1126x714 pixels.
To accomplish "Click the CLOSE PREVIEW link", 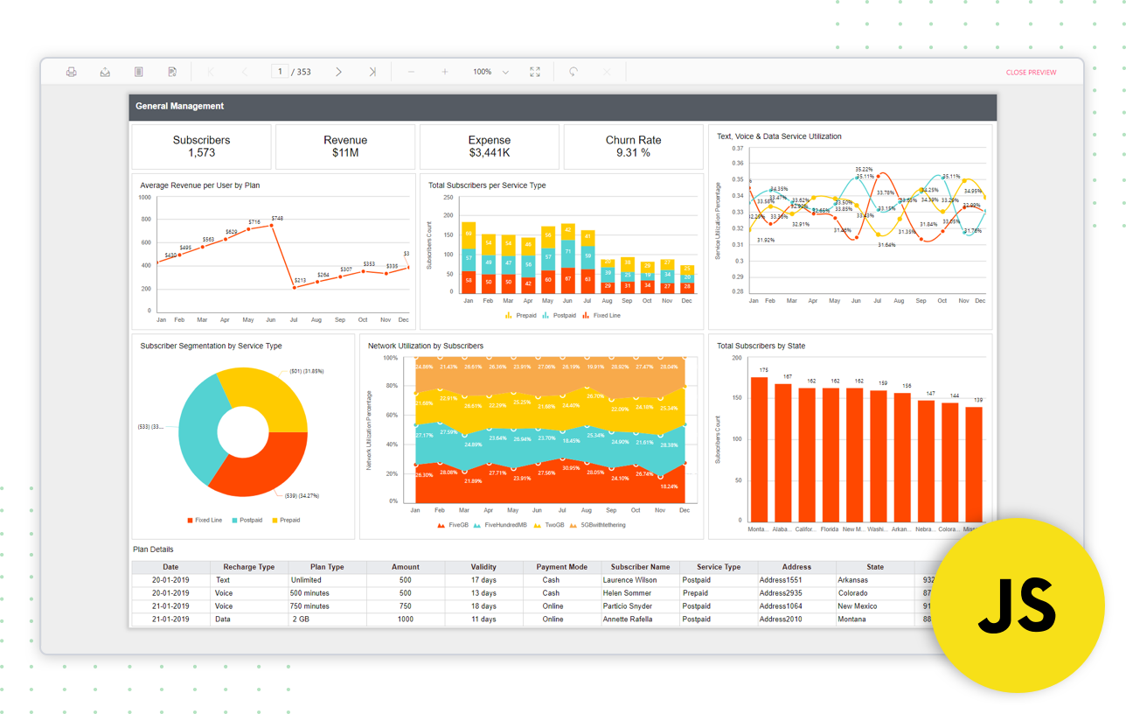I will pyautogui.click(x=1031, y=73).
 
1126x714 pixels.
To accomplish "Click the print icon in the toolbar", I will pyautogui.click(x=72, y=72).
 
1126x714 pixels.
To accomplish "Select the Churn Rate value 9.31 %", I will pyautogui.click(x=633, y=153).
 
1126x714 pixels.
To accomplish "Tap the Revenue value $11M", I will pyautogui.click(x=345, y=153).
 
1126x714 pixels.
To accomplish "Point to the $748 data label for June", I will pyautogui.click(x=276, y=218).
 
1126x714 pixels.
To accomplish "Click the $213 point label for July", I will pyautogui.click(x=300, y=280).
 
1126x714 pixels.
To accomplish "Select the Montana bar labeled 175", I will pyautogui.click(x=759, y=446).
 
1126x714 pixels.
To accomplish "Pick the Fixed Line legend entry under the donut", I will pyautogui.click(x=205, y=520).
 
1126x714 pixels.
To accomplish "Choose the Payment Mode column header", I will pyautogui.click(x=561, y=567).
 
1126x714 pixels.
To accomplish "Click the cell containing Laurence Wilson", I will pyautogui.click(x=629, y=580).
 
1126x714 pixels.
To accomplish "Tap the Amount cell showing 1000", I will pyautogui.click(x=405, y=619).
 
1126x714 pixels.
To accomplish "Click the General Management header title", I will pyautogui.click(x=180, y=107).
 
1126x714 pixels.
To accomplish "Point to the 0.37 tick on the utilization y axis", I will pyautogui.click(x=736, y=149).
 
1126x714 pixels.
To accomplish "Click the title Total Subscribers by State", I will pyautogui.click(x=761, y=346).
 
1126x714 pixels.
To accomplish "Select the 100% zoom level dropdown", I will pyautogui.click(x=490, y=72).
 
